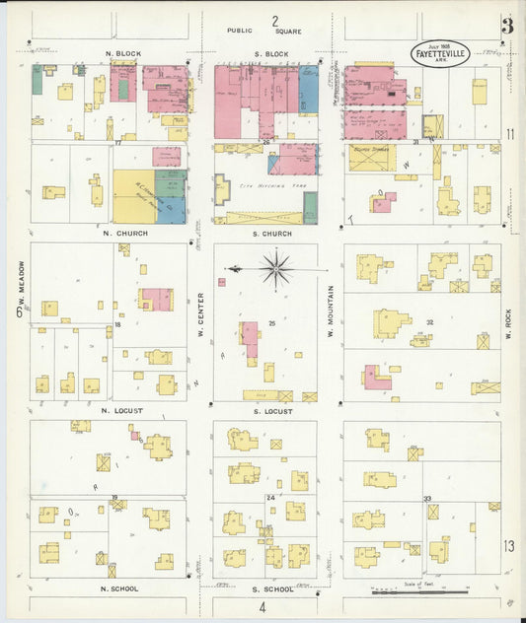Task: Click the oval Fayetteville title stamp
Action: [x=440, y=51]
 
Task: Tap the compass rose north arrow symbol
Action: [x=275, y=267]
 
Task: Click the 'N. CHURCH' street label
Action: [x=124, y=234]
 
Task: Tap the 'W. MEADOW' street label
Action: [x=20, y=283]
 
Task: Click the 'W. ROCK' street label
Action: [x=509, y=322]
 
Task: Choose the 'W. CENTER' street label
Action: [x=200, y=313]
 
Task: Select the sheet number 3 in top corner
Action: [x=506, y=27]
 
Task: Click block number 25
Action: [x=271, y=322]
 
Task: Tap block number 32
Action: [x=429, y=322]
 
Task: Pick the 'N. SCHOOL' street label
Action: [x=119, y=588]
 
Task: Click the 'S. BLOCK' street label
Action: [x=269, y=52]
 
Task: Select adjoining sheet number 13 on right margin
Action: [x=508, y=545]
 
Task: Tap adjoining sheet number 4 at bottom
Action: [x=263, y=607]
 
